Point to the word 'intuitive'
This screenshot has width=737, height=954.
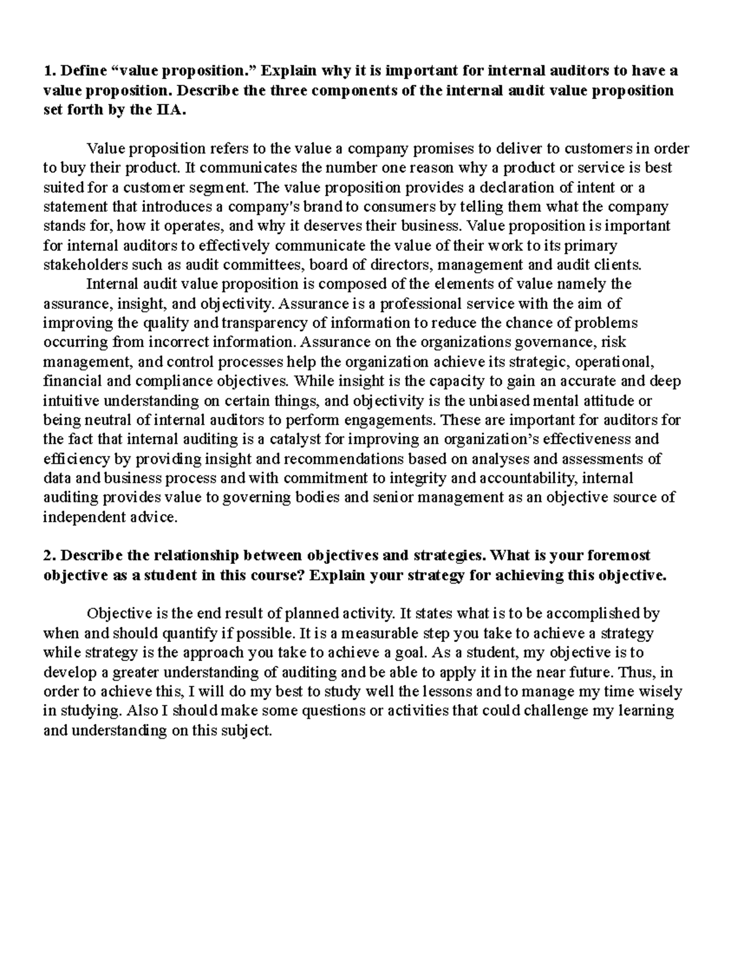pyautogui.click(x=69, y=401)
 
